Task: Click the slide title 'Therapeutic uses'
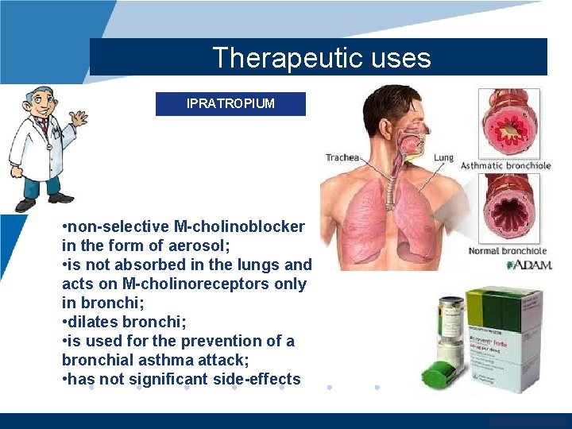pos(321,58)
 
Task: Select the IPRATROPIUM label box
pos(230,104)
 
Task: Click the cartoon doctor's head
pos(40,102)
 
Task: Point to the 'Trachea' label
pos(342,158)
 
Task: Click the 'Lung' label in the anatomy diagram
pos(443,158)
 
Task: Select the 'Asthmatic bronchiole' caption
pos(505,165)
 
